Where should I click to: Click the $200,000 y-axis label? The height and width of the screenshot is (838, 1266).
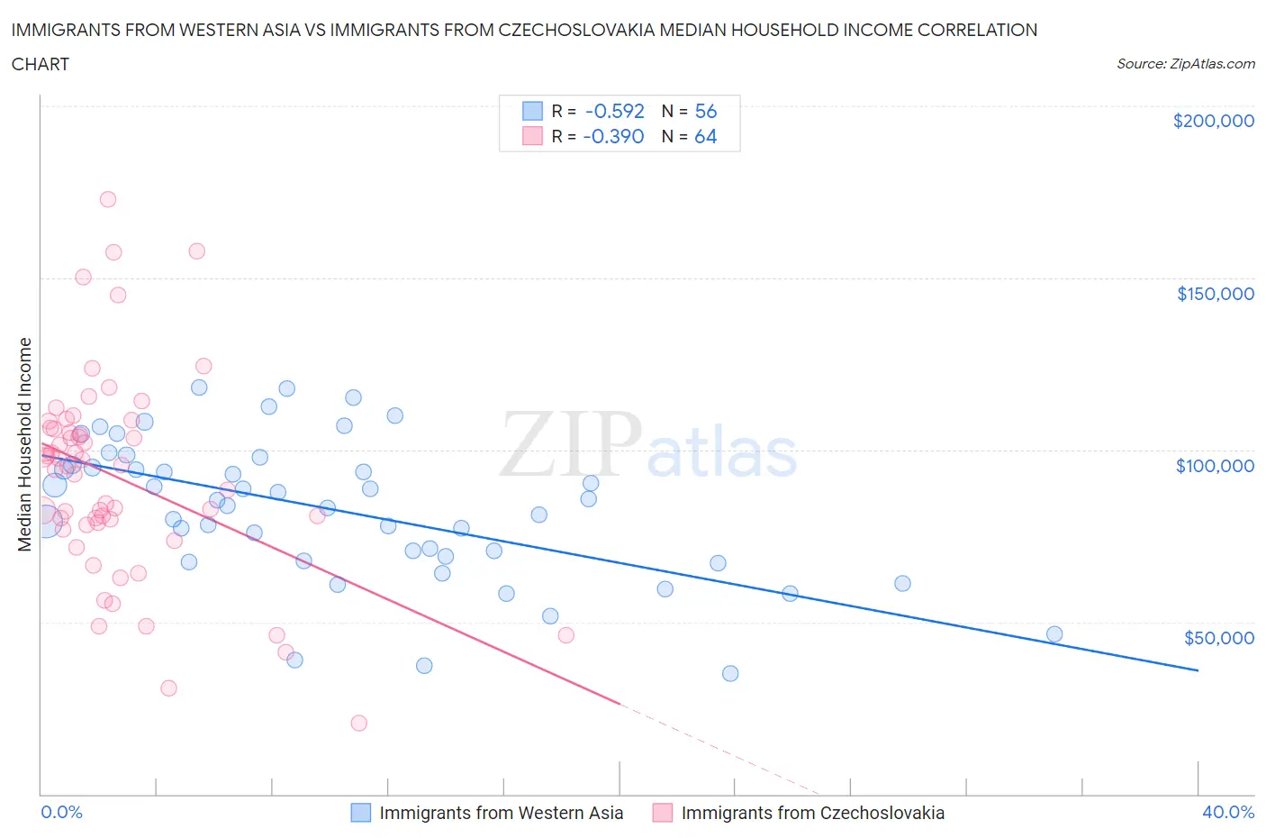pyautogui.click(x=1213, y=121)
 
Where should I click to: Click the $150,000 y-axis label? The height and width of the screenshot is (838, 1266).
pyautogui.click(x=1215, y=294)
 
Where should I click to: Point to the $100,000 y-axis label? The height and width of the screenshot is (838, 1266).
pyautogui.click(x=1215, y=466)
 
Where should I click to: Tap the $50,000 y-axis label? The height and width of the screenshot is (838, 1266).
pyautogui.click(x=1218, y=638)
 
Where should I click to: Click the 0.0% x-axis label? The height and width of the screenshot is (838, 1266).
pyautogui.click(x=61, y=812)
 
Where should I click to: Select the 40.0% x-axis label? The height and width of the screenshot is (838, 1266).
pyautogui.click(x=1228, y=812)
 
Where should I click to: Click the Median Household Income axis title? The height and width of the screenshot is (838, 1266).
pyautogui.click(x=25, y=444)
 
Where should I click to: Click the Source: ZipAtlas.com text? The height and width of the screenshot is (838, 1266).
pyautogui.click(x=1185, y=64)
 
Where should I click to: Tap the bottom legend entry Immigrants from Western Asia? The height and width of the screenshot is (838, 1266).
pyautogui.click(x=501, y=813)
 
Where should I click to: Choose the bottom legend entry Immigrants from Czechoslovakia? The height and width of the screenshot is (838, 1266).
pyautogui.click(x=812, y=813)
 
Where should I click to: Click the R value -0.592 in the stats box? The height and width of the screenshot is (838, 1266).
pyautogui.click(x=614, y=111)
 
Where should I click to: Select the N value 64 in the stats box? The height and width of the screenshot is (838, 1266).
pyautogui.click(x=705, y=136)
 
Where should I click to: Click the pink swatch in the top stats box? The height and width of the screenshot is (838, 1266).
pyautogui.click(x=532, y=136)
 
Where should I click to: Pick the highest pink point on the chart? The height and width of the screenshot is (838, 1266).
pyautogui.click(x=108, y=199)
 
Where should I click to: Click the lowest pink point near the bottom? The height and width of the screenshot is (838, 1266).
pyautogui.click(x=358, y=723)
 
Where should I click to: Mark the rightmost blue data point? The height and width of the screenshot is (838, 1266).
pyautogui.click(x=1054, y=633)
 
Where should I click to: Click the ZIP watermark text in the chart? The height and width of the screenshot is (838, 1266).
pyautogui.click(x=571, y=443)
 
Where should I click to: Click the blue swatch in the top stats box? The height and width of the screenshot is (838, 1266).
pyautogui.click(x=532, y=111)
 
